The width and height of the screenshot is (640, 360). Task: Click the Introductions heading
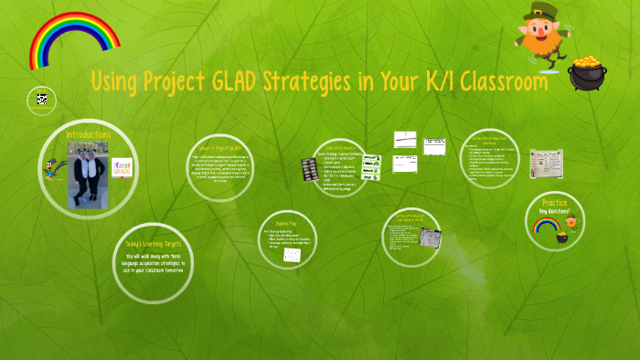(x=89, y=134)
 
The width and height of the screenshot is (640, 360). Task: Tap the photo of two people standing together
(x=88, y=175)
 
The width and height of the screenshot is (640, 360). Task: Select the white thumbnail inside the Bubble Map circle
(x=293, y=256)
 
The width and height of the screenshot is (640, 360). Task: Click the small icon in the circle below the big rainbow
(x=41, y=100)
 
